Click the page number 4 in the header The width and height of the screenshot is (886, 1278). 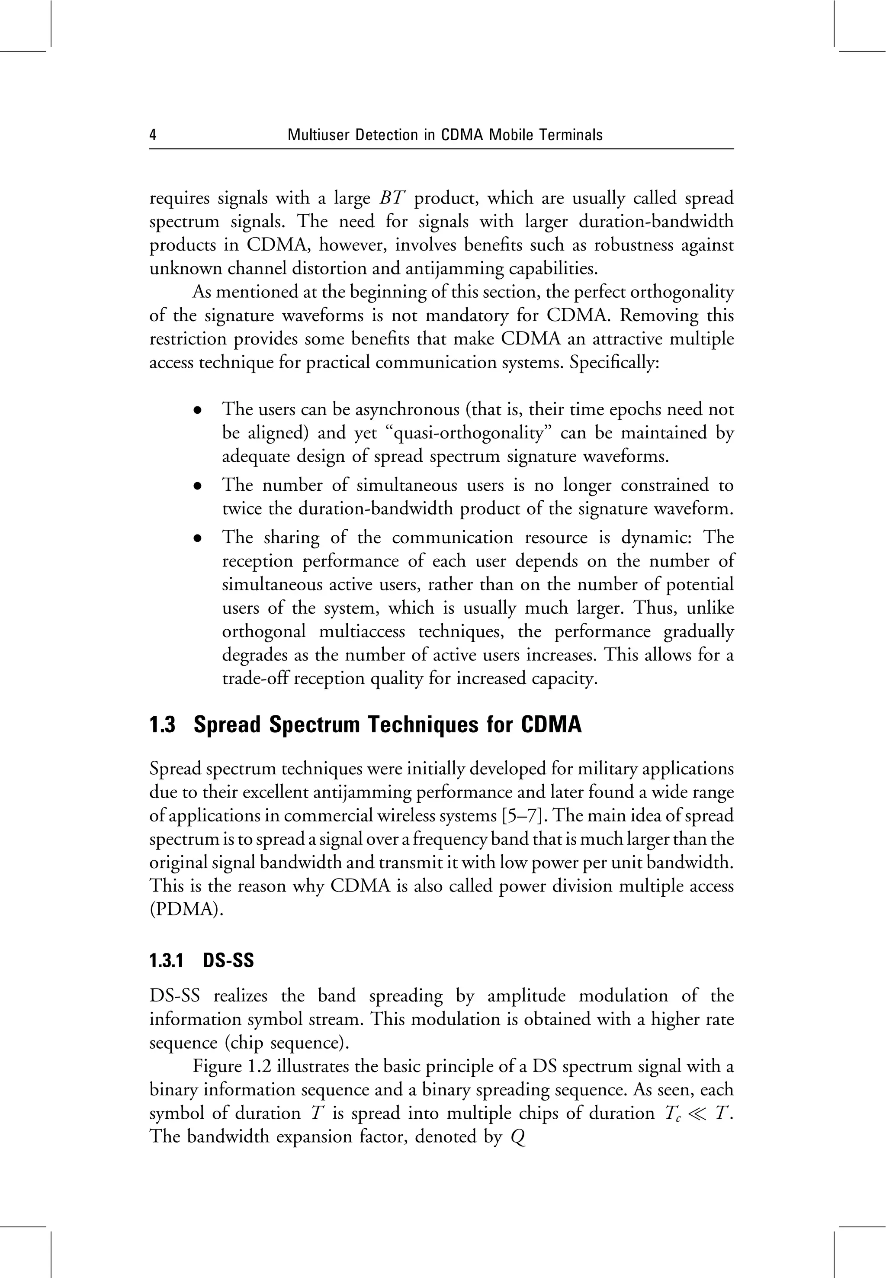(x=153, y=135)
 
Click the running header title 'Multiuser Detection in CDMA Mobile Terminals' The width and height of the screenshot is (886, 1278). (x=445, y=135)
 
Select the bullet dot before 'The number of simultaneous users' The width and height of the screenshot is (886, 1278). (x=197, y=486)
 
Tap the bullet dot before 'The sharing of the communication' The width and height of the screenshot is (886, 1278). (x=197, y=538)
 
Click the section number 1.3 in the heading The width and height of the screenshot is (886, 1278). (x=162, y=725)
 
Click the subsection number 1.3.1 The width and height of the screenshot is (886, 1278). (x=167, y=961)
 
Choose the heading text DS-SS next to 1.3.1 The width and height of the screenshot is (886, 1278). (x=228, y=961)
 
